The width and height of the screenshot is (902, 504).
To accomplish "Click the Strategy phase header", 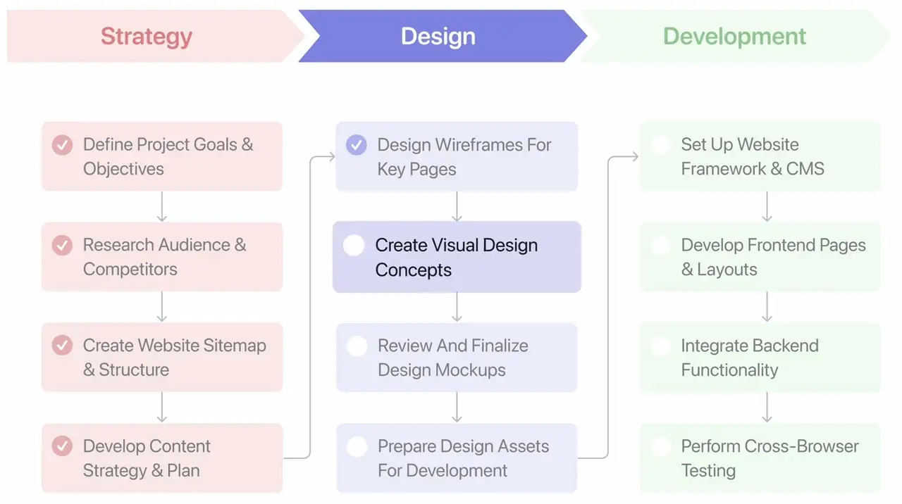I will [147, 37].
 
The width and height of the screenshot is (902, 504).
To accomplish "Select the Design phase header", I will [438, 37].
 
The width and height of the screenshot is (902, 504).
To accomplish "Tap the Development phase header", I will [734, 37].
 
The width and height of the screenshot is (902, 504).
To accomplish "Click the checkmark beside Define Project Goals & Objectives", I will [62, 145].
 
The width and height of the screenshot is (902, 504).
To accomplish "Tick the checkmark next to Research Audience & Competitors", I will [62, 246].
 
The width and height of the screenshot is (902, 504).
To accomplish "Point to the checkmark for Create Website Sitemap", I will [62, 346].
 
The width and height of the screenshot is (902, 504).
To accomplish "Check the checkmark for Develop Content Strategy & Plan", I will [62, 446].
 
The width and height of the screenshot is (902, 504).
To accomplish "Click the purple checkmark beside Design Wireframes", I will [357, 145].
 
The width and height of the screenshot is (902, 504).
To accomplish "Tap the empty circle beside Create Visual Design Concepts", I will [354, 246].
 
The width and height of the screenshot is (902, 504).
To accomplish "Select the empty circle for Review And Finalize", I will [357, 346].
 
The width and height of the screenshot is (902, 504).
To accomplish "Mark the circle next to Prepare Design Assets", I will [357, 446].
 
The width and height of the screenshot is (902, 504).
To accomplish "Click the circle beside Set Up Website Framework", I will [660, 145].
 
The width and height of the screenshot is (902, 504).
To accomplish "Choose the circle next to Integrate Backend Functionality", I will [660, 346].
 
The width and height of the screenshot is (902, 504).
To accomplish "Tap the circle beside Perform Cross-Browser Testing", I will [660, 446].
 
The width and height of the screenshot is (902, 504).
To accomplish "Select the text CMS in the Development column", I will [805, 169].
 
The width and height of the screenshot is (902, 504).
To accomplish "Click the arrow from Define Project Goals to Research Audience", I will [162, 206].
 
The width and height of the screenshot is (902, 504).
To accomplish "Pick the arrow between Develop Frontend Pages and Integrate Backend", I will [767, 307].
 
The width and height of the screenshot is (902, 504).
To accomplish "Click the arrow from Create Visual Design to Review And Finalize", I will [457, 307].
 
